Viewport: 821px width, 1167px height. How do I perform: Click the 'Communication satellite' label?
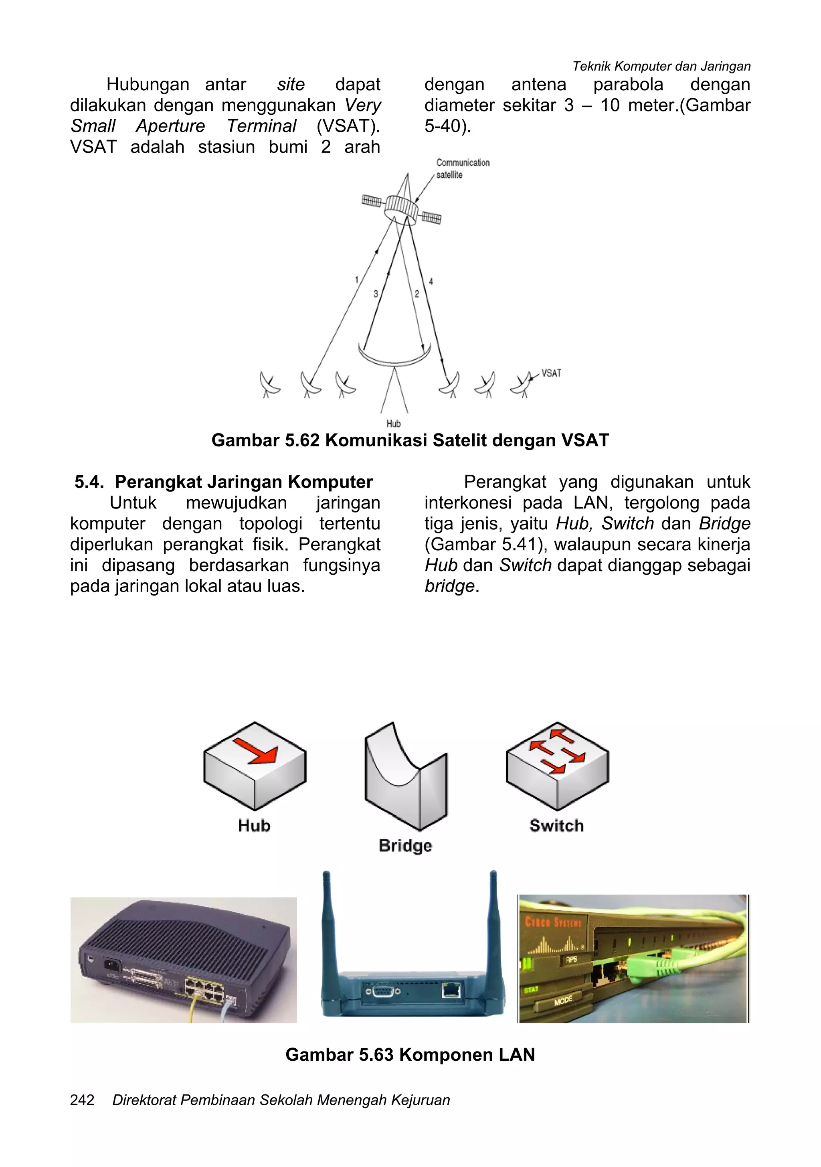coord(462,169)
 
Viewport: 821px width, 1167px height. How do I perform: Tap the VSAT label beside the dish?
coord(551,373)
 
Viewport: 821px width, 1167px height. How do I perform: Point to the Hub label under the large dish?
coord(393,423)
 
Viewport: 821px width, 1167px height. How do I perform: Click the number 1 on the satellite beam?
coord(357,280)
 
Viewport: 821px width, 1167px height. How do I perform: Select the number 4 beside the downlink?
coord(431,281)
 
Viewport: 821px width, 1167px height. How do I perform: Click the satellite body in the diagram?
coord(401,209)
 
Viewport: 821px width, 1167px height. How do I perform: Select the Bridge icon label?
coord(405,845)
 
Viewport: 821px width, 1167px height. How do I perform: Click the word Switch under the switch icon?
coord(556,825)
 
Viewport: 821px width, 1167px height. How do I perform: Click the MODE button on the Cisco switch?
coord(563,1000)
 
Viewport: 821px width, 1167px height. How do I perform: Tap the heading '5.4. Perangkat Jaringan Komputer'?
coord(224,482)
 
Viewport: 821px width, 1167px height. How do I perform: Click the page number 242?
coord(82,1100)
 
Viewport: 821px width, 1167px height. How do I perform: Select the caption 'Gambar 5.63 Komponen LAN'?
coord(410,1055)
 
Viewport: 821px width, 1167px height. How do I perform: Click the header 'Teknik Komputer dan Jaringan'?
coord(661,66)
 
